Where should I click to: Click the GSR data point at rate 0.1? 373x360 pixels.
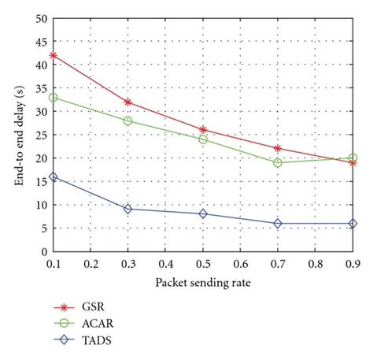(53, 55)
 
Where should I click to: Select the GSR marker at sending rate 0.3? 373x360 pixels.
(127, 102)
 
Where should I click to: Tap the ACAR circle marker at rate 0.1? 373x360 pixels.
(53, 98)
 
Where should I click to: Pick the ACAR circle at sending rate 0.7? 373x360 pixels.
(278, 162)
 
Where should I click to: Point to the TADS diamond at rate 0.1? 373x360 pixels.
(53, 176)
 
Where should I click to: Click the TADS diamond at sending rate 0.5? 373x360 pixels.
(203, 213)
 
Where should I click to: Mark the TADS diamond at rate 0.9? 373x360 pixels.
(353, 223)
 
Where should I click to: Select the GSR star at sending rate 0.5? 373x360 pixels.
(203, 130)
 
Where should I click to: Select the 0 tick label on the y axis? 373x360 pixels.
(43, 251)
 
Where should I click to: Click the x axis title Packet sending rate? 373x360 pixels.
(203, 281)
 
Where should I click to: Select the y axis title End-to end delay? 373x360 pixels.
(18, 135)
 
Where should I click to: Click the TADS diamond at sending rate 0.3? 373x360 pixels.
(127, 209)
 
